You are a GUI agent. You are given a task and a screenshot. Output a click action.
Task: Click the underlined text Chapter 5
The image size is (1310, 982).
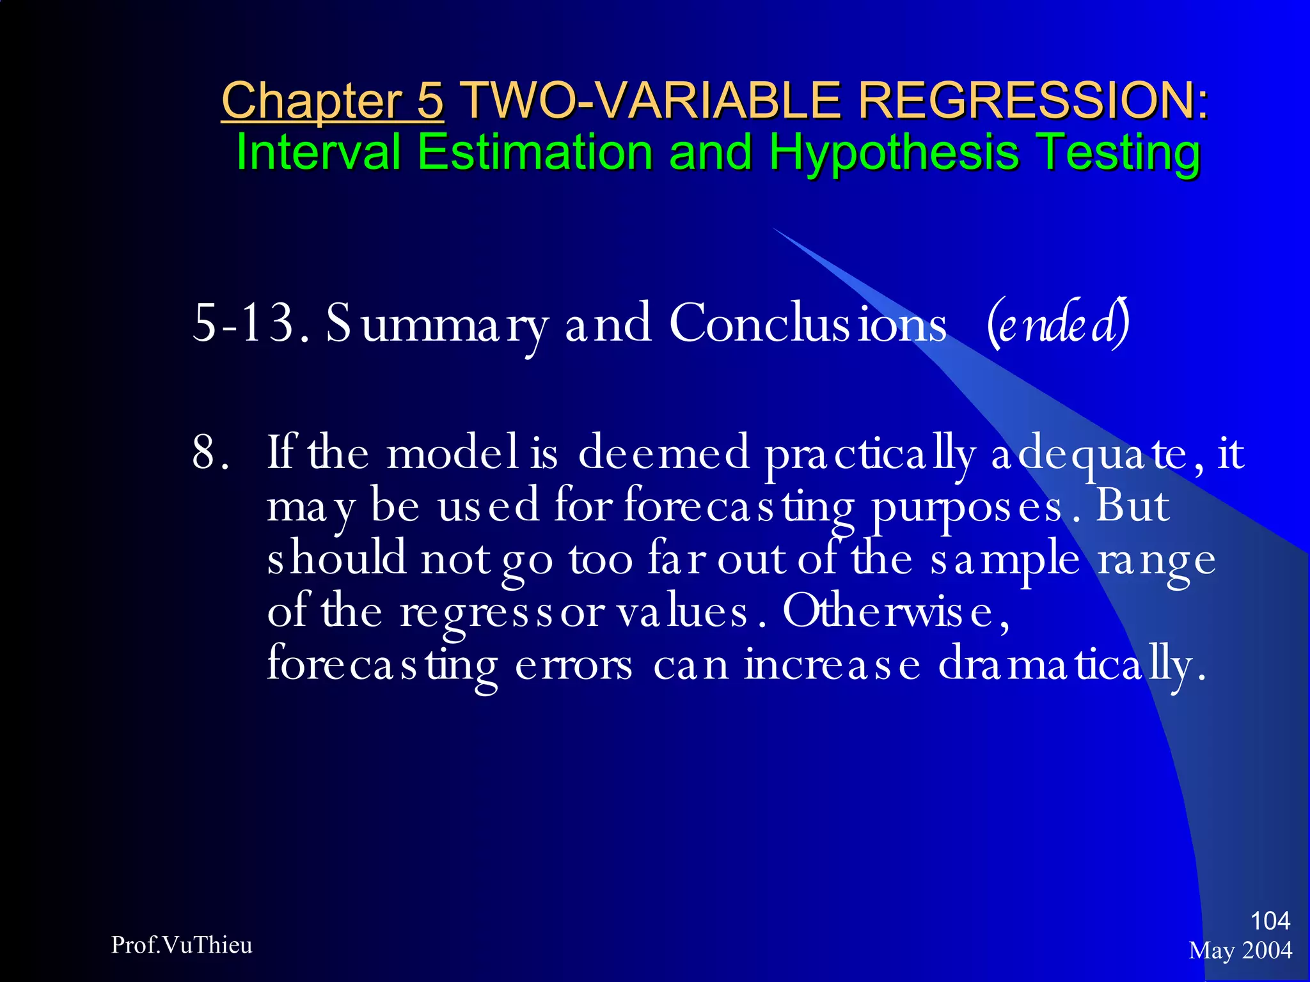332,100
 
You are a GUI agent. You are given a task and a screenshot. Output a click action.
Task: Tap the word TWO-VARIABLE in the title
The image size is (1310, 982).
650,100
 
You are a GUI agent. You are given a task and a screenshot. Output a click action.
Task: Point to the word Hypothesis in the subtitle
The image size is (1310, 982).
894,153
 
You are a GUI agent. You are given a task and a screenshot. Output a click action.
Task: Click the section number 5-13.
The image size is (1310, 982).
251,323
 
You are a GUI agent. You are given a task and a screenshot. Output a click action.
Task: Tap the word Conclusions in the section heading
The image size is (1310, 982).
807,323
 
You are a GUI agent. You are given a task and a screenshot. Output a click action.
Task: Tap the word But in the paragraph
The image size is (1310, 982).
1132,506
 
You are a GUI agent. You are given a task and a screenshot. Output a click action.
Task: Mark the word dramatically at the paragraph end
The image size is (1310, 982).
1071,666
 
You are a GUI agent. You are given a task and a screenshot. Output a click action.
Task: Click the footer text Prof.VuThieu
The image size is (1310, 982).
182,945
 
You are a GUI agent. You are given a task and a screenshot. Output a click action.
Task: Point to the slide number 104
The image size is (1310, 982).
1270,921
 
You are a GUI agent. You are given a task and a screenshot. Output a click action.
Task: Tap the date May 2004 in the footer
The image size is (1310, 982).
1240,950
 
